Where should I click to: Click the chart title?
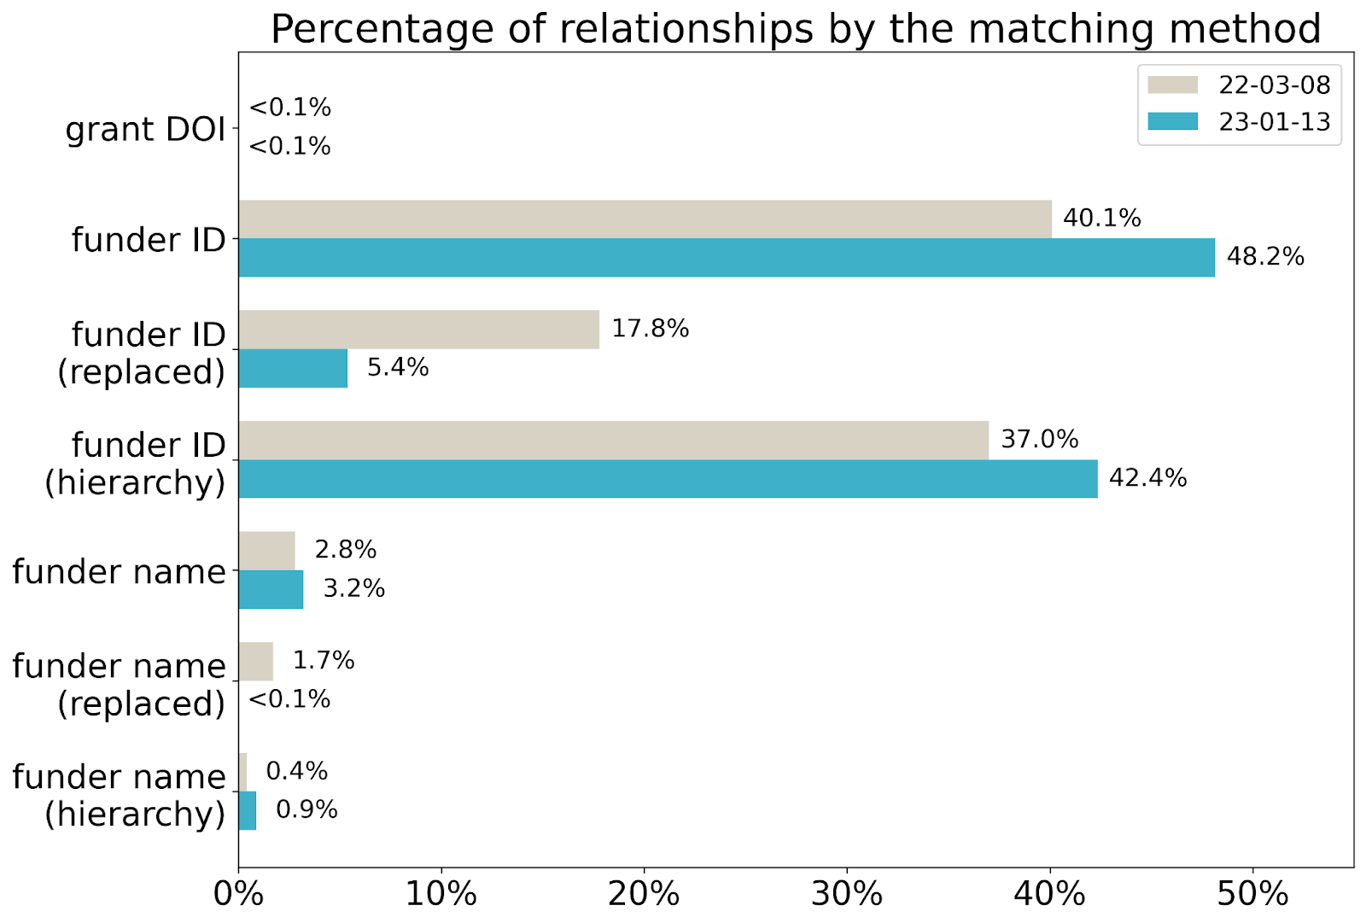(795, 28)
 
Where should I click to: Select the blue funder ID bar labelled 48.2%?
(726, 257)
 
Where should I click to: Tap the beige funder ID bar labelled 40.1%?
(645, 219)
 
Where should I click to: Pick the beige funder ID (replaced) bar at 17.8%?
(418, 329)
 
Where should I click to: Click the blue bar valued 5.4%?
(293, 368)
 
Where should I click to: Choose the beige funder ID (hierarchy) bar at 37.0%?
(613, 440)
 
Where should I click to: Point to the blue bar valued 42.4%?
(668, 478)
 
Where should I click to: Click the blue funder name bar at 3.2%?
(271, 589)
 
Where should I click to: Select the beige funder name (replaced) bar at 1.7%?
(255, 661)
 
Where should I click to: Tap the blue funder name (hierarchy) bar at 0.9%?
(247, 810)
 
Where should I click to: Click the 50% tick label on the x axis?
(1252, 894)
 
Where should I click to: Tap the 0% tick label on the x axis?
(238, 894)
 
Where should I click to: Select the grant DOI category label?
(145, 129)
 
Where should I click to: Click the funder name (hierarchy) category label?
(120, 795)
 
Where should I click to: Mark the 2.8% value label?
(345, 549)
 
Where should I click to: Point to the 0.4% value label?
(296, 771)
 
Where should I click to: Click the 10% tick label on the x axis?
(441, 894)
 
